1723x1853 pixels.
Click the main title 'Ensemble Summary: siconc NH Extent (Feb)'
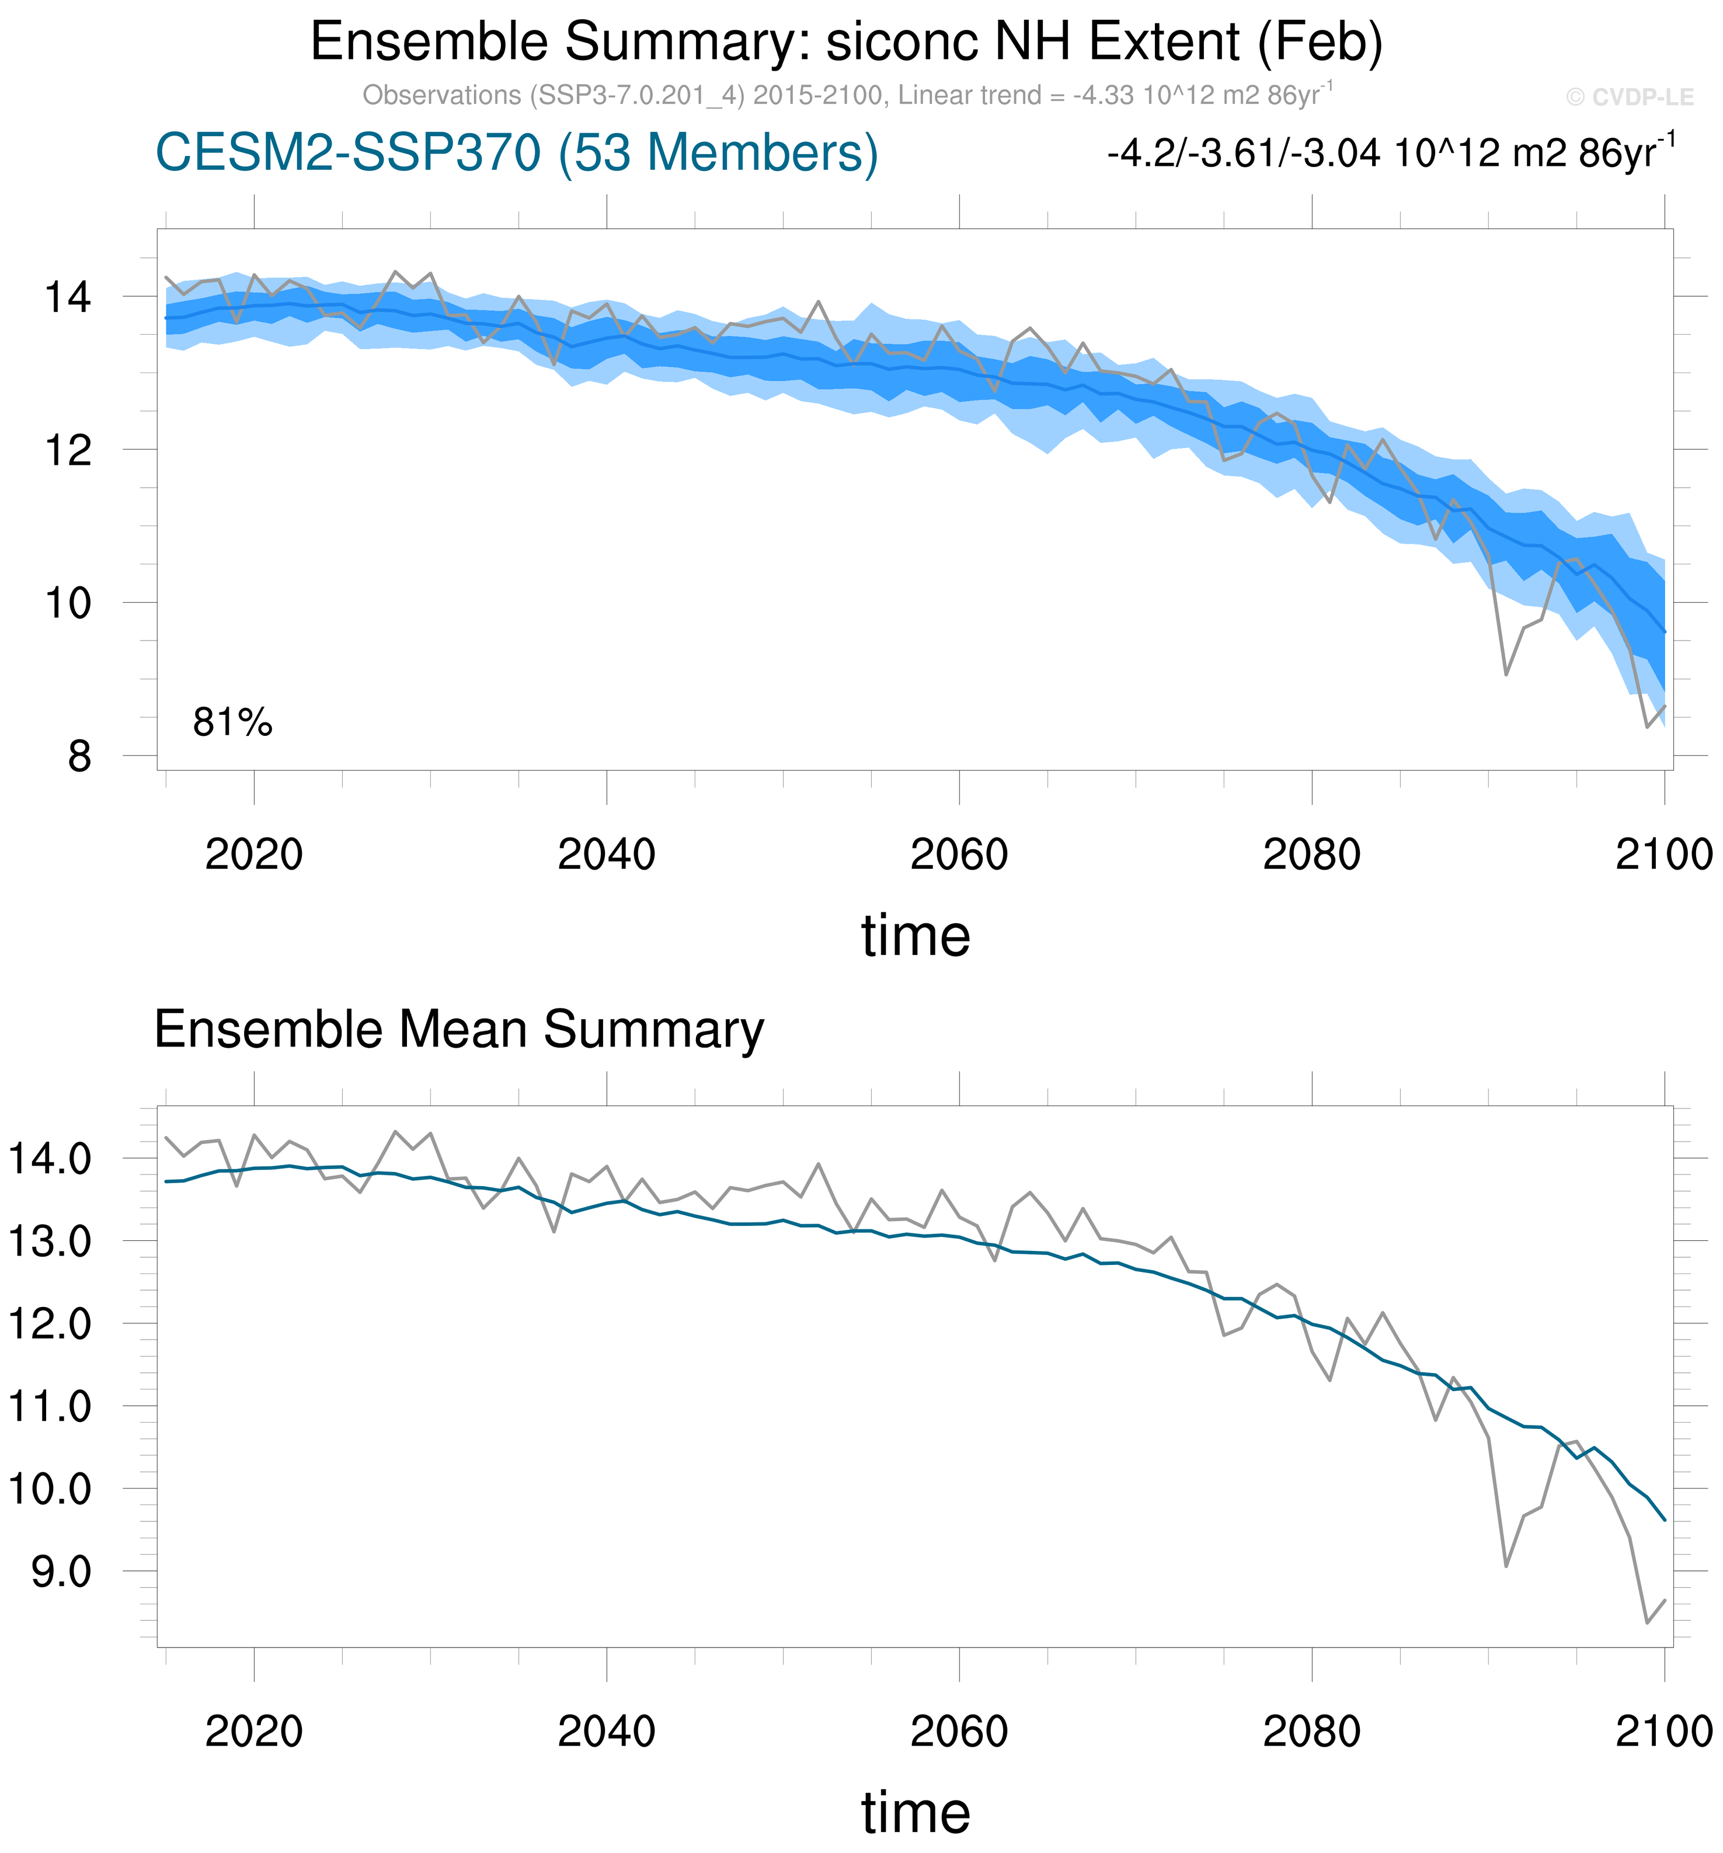(845, 42)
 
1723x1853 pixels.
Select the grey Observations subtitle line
(846, 95)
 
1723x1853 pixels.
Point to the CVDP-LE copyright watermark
(1629, 97)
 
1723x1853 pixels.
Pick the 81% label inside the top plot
(232, 722)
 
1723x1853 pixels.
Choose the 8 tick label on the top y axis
(79, 756)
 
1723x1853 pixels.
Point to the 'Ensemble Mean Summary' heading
(458, 1030)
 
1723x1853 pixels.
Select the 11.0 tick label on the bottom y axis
(50, 1406)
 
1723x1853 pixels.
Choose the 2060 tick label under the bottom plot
(959, 1731)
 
